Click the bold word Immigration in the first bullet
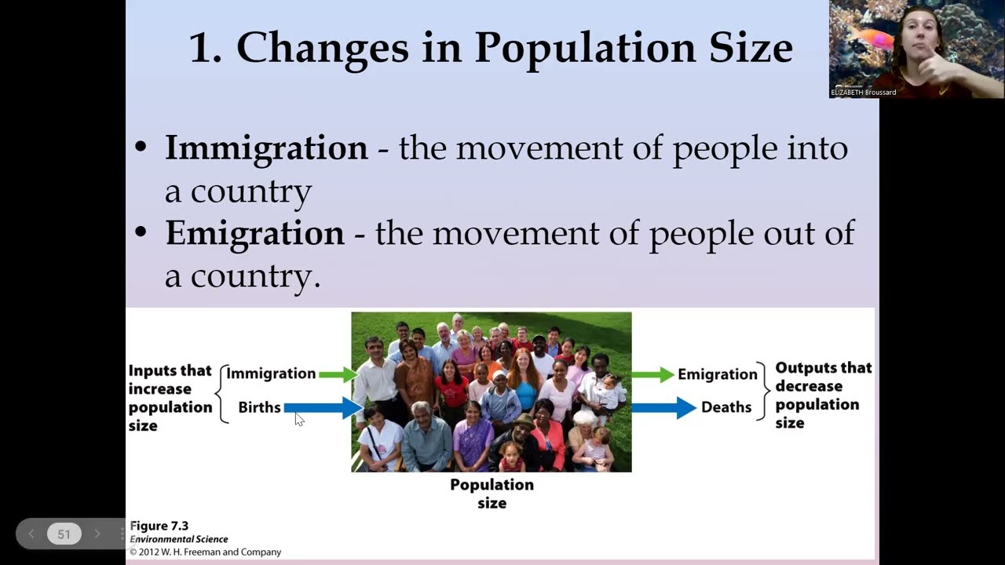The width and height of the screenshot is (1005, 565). coord(266,148)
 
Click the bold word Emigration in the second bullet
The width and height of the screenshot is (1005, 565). coord(254,234)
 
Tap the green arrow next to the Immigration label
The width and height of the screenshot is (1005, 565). coord(338,374)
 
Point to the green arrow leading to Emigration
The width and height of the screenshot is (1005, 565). coord(652,374)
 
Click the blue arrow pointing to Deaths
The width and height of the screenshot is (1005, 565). coord(663,407)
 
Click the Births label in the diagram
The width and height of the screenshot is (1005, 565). coord(259,407)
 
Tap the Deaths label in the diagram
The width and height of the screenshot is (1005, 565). coord(726,407)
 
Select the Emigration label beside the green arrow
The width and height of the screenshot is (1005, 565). coord(717,374)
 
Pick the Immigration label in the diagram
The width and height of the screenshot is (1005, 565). coord(271,374)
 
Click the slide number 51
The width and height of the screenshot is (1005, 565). coord(64,534)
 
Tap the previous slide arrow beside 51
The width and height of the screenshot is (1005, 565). coord(31,534)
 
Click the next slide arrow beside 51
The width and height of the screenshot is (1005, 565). coord(97,534)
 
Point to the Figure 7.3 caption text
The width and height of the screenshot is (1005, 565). coord(159,526)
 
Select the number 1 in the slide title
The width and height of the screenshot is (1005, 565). coord(201,48)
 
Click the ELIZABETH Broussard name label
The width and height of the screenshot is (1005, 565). coord(863,93)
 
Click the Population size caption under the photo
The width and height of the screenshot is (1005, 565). coord(492,494)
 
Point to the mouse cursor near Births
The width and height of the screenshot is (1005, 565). coord(299,419)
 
